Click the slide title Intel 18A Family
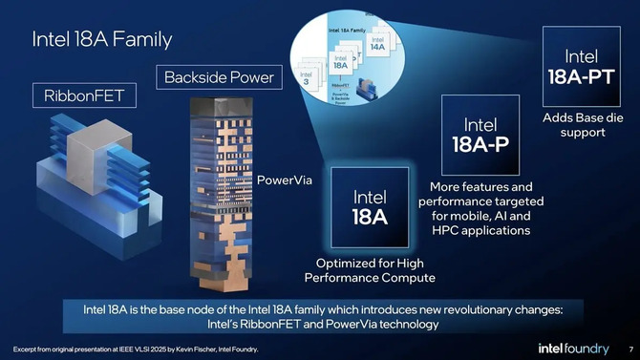pyautogui.click(x=101, y=39)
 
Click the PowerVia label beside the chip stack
pyautogui.click(x=285, y=179)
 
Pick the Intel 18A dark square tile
pyautogui.click(x=369, y=207)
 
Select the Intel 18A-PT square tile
pyautogui.click(x=582, y=66)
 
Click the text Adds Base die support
pyautogui.click(x=582, y=125)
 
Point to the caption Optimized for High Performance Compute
pyautogui.click(x=369, y=270)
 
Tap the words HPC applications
pyautogui.click(x=480, y=230)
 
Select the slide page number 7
pyautogui.click(x=629, y=348)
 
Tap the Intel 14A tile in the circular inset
pyautogui.click(x=375, y=46)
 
